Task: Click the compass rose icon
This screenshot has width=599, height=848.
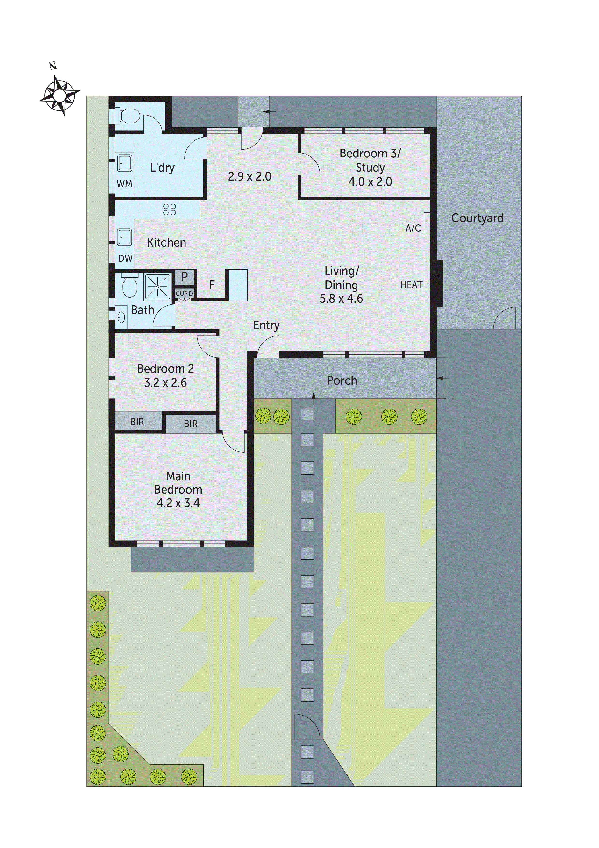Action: coord(59,95)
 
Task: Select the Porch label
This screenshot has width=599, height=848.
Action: coord(342,380)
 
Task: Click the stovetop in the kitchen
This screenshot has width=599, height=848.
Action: coord(169,209)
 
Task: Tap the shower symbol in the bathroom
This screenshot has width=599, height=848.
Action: coord(157,286)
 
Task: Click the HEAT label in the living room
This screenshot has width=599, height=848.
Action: coord(411,285)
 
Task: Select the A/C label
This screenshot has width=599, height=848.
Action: coord(413,228)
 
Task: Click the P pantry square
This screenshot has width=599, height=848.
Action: coord(185,277)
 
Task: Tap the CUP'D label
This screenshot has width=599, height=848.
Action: coord(184,294)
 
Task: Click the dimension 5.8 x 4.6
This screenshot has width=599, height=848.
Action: coord(341,299)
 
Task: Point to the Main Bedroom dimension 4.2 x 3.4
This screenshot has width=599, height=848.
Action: coord(178,503)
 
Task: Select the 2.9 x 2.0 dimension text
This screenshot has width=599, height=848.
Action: coord(250,176)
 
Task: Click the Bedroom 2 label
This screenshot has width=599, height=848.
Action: coord(165,369)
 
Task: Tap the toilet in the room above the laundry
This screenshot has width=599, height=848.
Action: coord(127,117)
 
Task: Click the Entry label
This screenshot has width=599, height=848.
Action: coord(266,325)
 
